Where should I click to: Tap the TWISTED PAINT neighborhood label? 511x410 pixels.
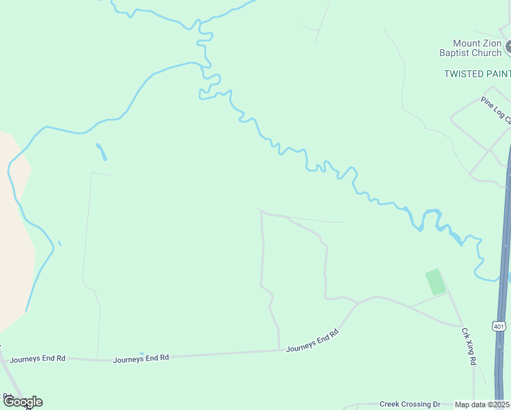click(x=477, y=73)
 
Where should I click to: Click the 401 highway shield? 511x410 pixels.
click(x=499, y=327)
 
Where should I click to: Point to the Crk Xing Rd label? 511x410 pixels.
click(x=468, y=346)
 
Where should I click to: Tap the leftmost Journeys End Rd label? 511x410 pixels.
click(x=38, y=358)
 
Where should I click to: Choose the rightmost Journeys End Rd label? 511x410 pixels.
click(x=312, y=340)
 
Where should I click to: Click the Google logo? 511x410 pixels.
click(x=22, y=402)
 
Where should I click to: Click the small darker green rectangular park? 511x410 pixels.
click(x=435, y=282)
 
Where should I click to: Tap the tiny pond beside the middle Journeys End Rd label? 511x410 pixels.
click(x=141, y=354)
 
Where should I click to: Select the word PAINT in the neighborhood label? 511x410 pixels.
click(x=495, y=73)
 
